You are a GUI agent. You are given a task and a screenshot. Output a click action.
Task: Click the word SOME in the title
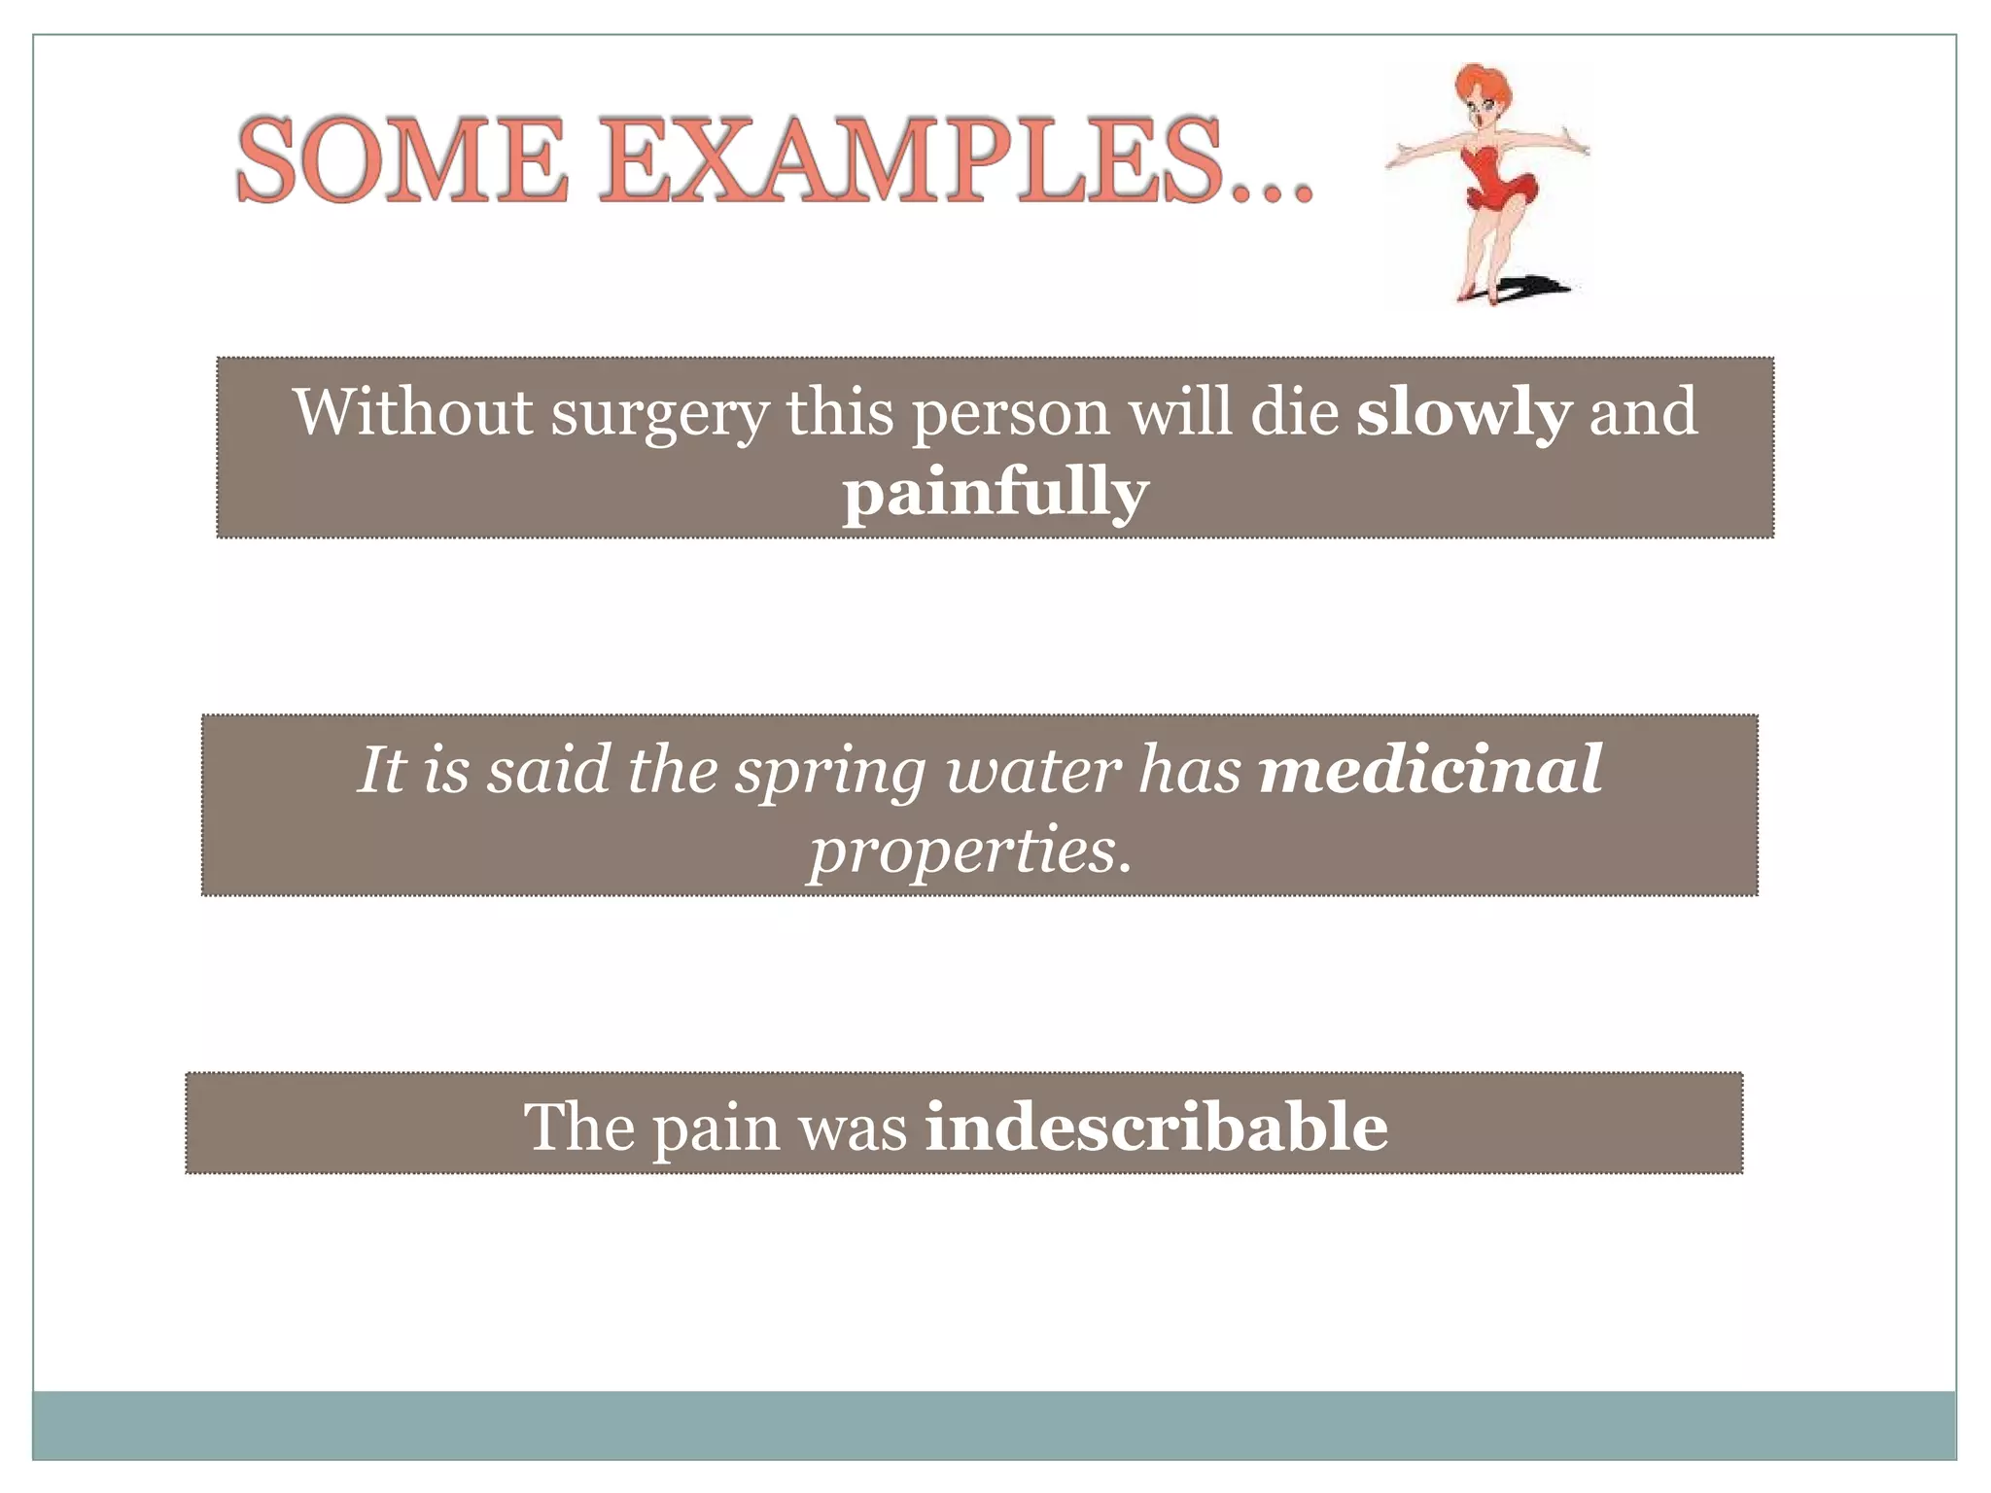tap(401, 159)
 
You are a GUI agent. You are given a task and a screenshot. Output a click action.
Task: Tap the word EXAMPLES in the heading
tap(909, 159)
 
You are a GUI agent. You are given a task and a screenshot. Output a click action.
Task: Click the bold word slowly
tap(1463, 412)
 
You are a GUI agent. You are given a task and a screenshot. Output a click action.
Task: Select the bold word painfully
tap(995, 493)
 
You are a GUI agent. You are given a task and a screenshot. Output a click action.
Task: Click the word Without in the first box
tap(413, 411)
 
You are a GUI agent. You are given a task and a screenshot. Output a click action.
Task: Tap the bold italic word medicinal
tap(1430, 769)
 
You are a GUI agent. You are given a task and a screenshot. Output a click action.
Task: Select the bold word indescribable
tap(1156, 1128)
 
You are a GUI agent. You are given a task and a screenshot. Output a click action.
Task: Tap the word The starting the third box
tap(579, 1128)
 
